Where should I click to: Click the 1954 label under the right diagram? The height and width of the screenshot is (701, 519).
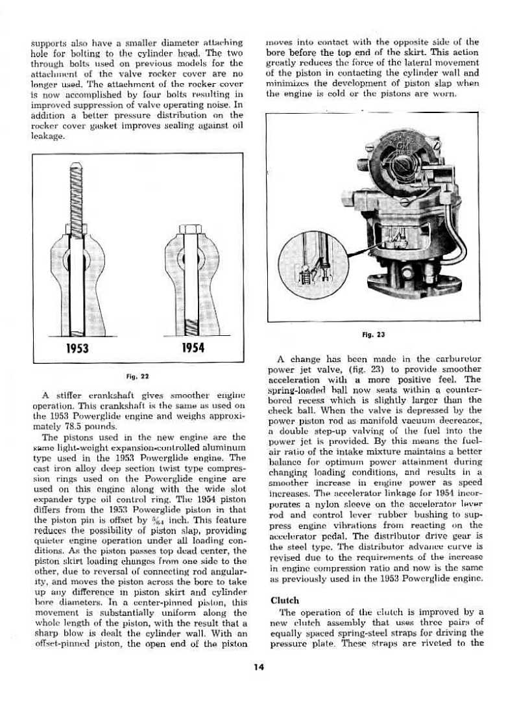click(191, 348)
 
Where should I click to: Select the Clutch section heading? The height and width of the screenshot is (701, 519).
click(284, 600)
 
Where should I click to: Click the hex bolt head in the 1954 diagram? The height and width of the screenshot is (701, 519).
click(190, 229)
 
